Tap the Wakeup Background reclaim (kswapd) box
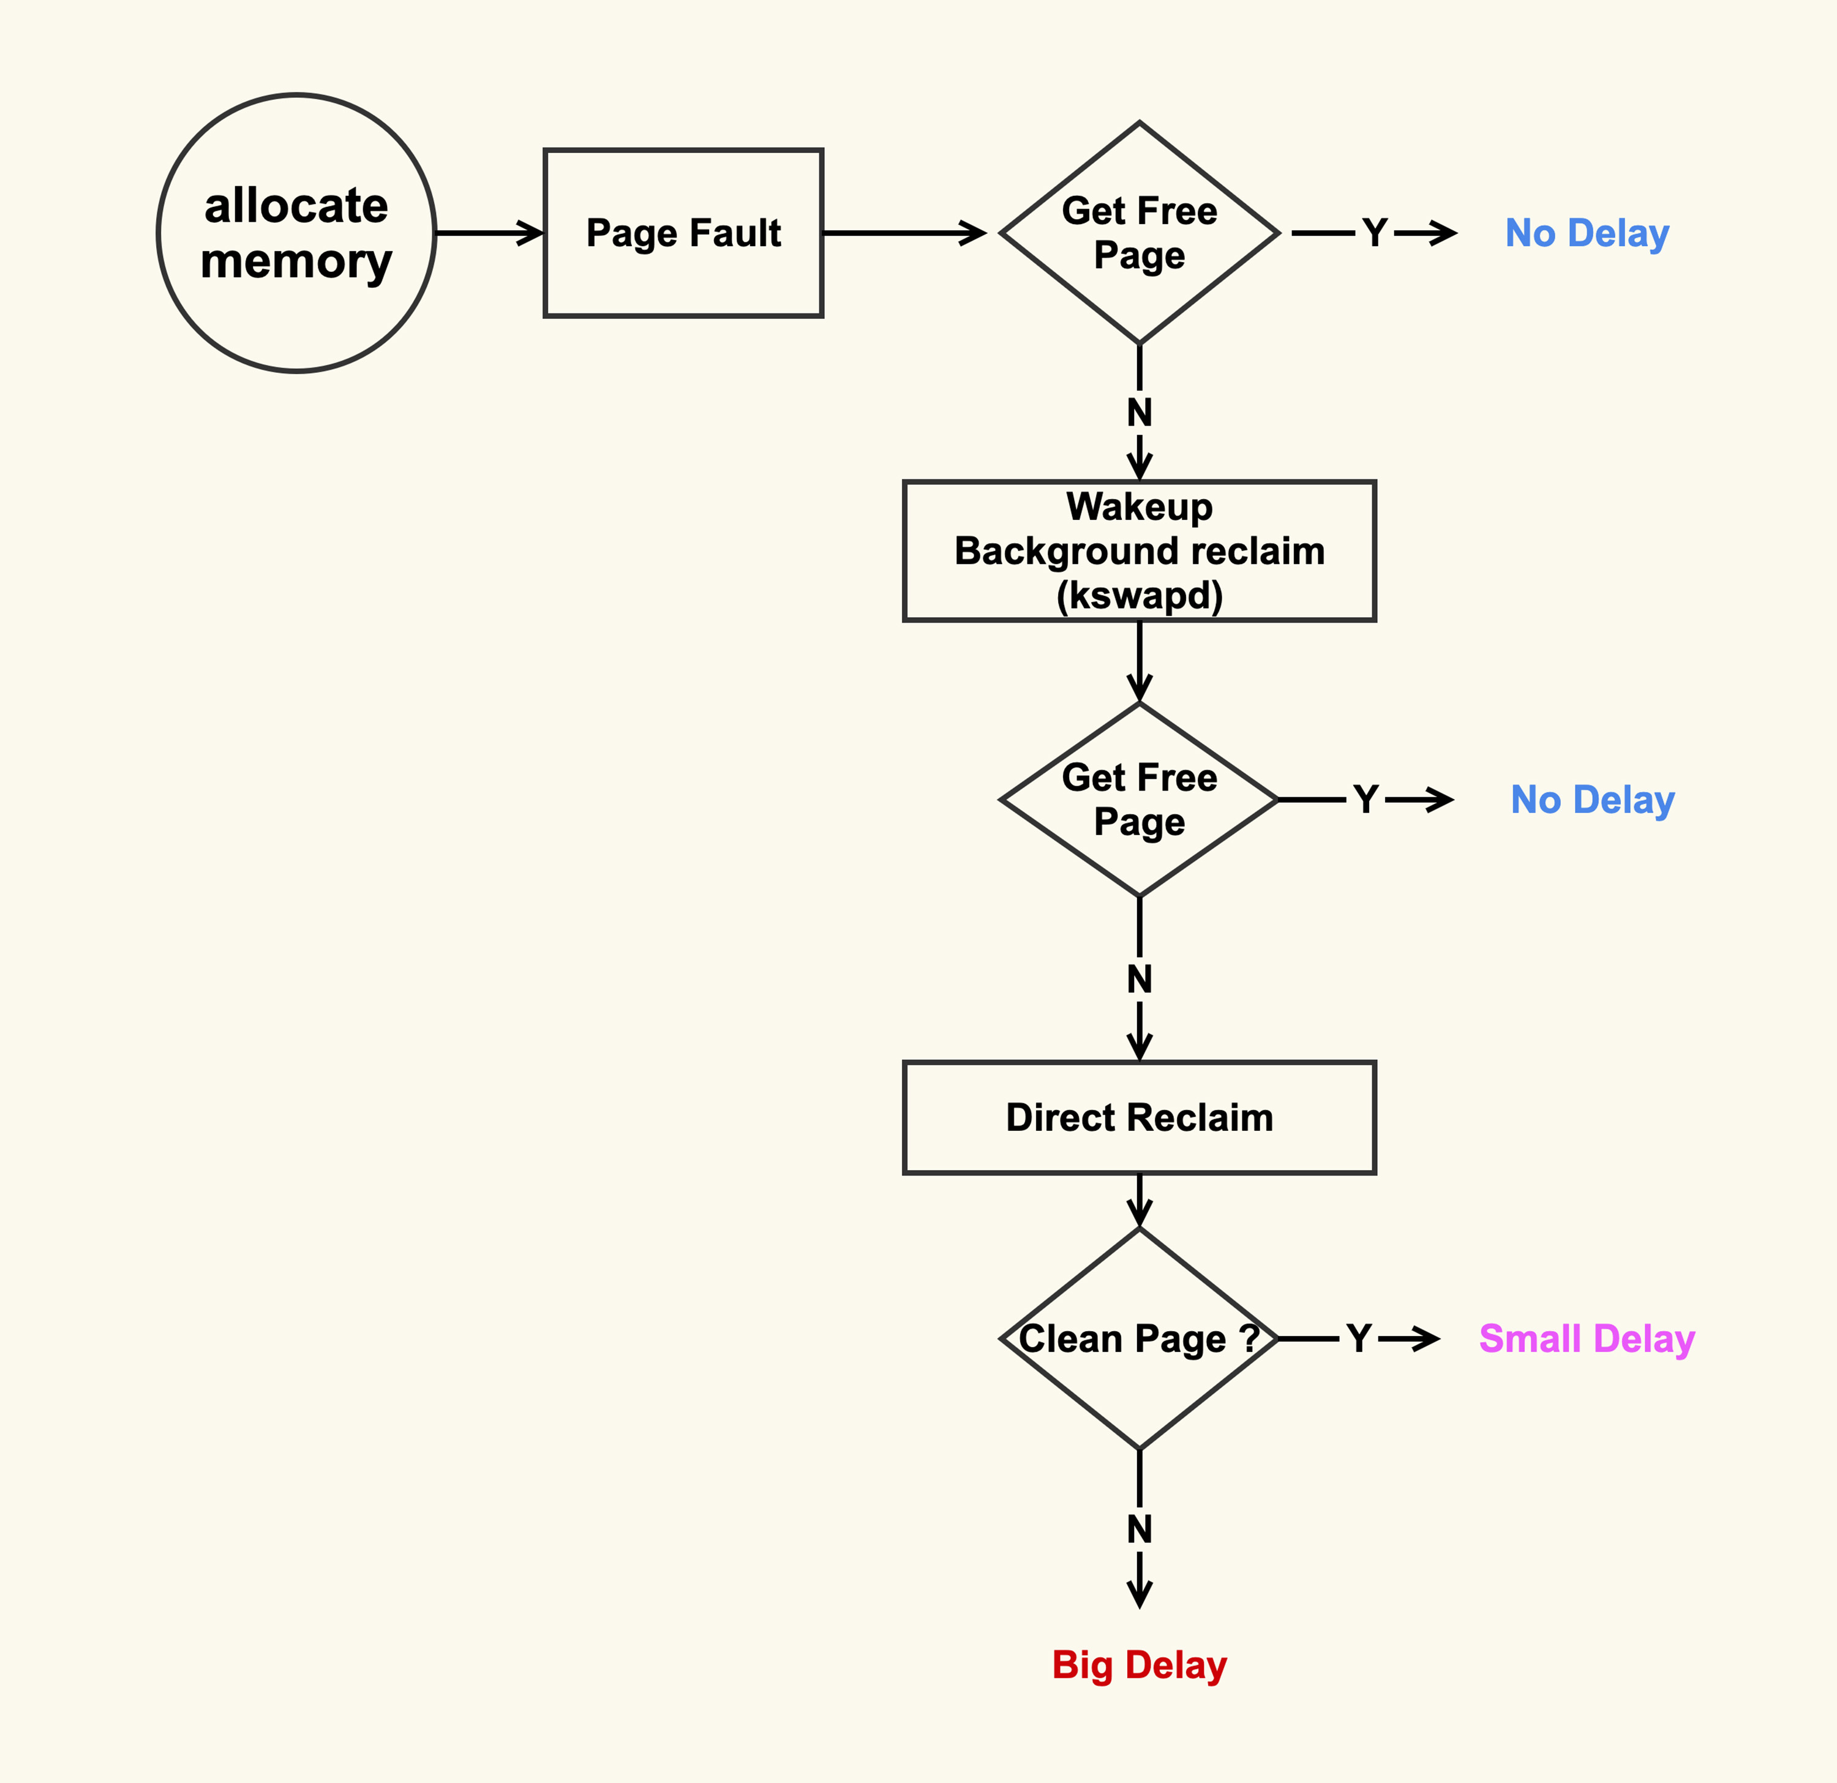pyautogui.click(x=1139, y=551)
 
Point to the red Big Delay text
pyautogui.click(x=1139, y=1665)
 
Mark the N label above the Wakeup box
pyautogui.click(x=1140, y=412)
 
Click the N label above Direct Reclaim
pyautogui.click(x=1140, y=979)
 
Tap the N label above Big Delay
pyautogui.click(x=1140, y=1529)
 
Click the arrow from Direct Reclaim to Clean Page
pyautogui.click(x=1140, y=1200)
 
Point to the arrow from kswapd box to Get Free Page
pyautogui.click(x=1140, y=661)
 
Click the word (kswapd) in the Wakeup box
pyautogui.click(x=1140, y=596)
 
